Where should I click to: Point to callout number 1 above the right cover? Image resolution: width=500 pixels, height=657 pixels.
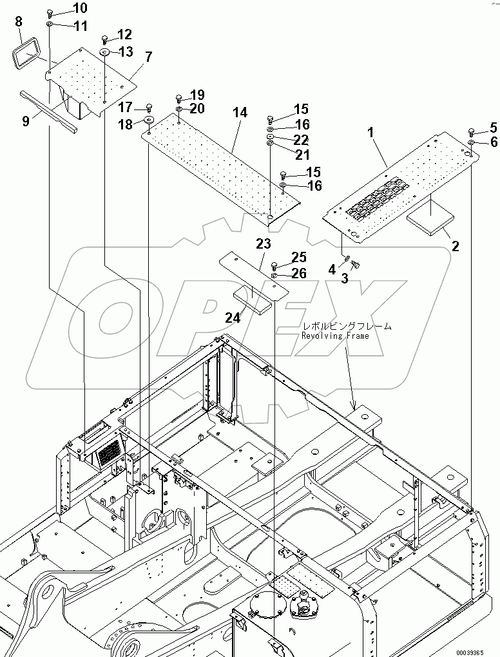click(x=371, y=133)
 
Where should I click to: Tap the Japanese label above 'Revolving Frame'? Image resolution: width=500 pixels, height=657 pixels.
click(x=347, y=327)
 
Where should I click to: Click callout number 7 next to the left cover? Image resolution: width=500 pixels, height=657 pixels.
click(x=148, y=57)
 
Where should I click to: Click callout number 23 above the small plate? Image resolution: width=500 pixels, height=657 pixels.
click(x=264, y=243)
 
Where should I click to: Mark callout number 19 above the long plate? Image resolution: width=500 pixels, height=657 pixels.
click(x=197, y=94)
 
